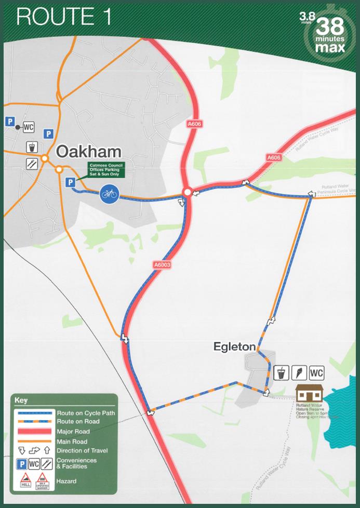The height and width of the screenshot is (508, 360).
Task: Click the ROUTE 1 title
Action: (63, 17)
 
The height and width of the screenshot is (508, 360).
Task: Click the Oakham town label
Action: (88, 152)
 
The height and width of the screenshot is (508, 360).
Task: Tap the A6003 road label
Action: (162, 265)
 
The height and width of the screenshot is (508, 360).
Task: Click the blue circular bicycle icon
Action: (109, 193)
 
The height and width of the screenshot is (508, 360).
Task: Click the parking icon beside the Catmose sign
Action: (70, 182)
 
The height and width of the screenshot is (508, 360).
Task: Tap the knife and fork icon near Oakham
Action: (32, 163)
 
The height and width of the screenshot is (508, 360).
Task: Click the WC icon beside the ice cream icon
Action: (316, 372)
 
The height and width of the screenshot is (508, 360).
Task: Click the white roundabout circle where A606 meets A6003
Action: (186, 193)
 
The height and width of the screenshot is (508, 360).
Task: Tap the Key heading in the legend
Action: (21, 400)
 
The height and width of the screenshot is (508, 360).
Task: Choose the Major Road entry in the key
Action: (73, 432)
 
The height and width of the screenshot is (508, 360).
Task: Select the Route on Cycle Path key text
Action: (86, 413)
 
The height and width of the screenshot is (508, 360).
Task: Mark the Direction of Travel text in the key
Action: (82, 450)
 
